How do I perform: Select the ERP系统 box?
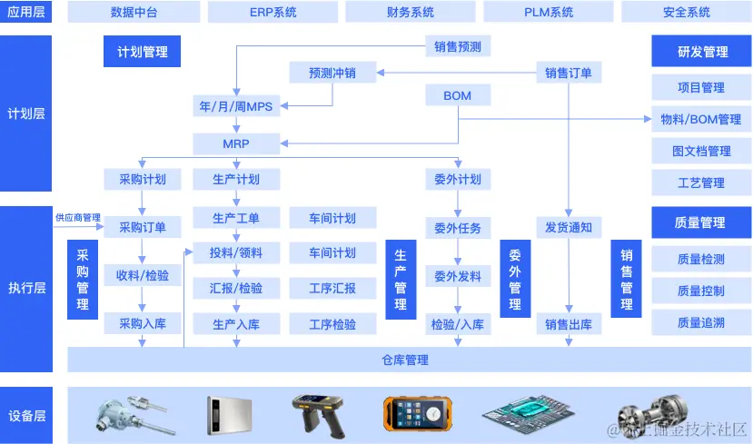[x=272, y=13]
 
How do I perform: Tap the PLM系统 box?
[x=549, y=13]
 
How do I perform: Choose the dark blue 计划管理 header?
[x=143, y=52]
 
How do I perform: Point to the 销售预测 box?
[x=458, y=46]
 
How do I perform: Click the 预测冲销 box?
[x=332, y=73]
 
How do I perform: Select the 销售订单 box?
[x=568, y=73]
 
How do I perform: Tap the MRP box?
[x=236, y=143]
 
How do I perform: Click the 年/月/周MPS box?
[x=236, y=106]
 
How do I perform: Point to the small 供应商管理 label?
[x=77, y=218]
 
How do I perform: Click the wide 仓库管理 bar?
[x=404, y=360]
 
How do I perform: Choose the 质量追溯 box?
[x=701, y=323]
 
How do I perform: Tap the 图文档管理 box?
[x=701, y=151]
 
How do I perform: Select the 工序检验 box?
[x=332, y=323]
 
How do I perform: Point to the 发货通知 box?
[x=569, y=226]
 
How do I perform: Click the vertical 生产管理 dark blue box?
[x=401, y=280]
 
